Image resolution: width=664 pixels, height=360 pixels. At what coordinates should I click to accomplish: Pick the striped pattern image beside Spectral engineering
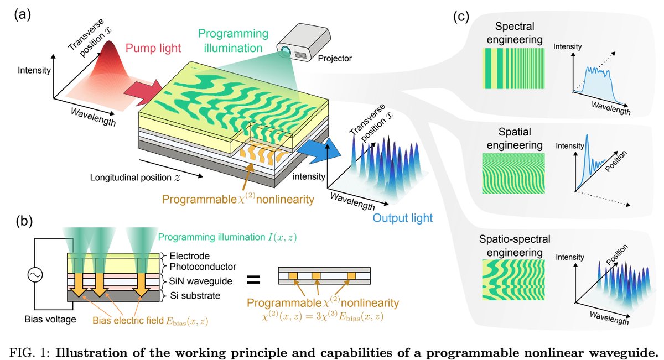[x=513, y=68]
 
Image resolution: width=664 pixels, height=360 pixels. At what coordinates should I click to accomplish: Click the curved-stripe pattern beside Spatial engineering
[x=513, y=172]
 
